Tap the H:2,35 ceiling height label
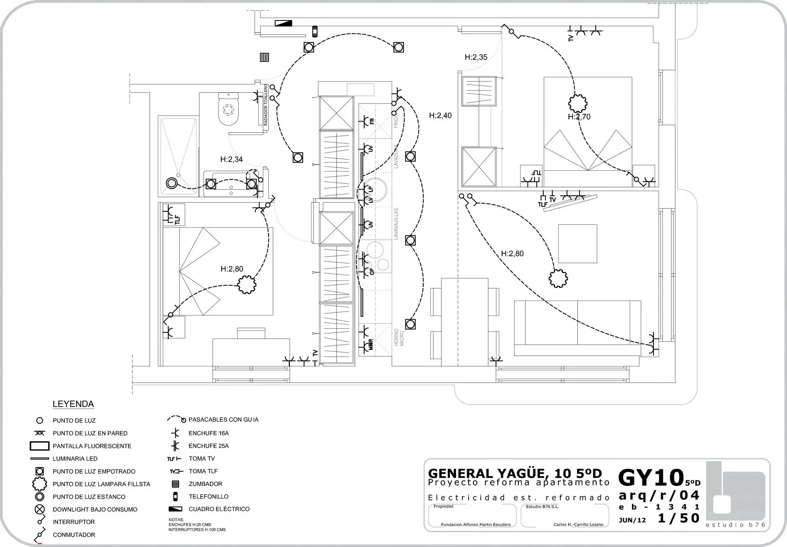click(476, 57)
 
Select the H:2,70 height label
click(579, 117)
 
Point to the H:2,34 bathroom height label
click(232, 159)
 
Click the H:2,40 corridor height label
click(440, 115)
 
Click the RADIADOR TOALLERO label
click(266, 105)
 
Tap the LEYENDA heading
click(73, 404)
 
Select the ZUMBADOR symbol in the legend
click(175, 484)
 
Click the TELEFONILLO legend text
click(208, 497)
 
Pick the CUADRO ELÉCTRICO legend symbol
click(175, 509)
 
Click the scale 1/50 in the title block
click(678, 518)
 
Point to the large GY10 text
click(651, 477)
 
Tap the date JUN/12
click(632, 520)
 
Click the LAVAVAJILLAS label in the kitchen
click(396, 224)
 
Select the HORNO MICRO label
click(399, 337)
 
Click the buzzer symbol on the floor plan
click(264, 57)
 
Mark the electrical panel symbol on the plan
click(284, 23)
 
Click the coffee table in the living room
click(577, 244)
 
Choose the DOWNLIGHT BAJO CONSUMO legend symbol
click(40, 510)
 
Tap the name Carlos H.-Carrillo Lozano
click(578, 524)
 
